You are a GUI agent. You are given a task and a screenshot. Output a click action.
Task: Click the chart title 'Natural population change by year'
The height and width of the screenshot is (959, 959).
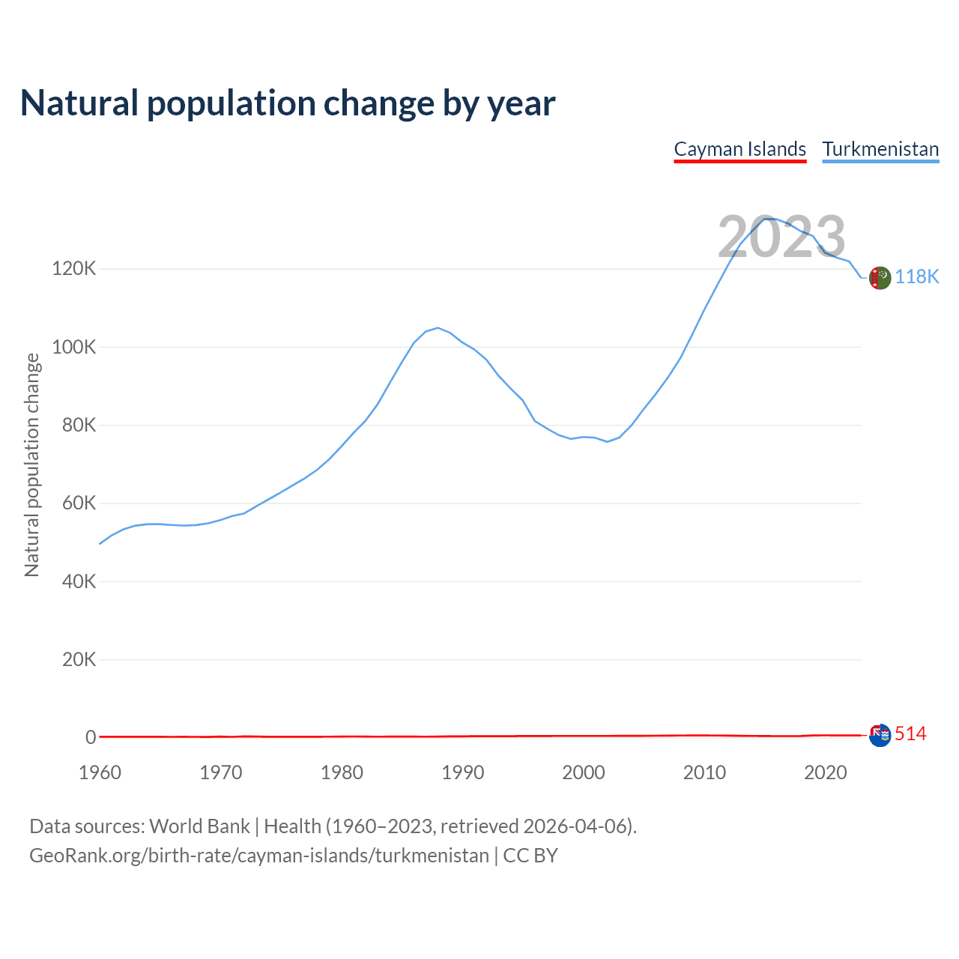point(288,103)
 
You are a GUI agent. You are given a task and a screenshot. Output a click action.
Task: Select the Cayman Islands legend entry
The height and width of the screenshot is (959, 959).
point(739,149)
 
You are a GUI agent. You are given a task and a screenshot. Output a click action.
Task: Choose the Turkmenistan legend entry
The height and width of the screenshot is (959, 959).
point(880,149)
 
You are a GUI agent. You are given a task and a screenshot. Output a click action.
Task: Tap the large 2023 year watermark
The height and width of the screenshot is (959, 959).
point(781,237)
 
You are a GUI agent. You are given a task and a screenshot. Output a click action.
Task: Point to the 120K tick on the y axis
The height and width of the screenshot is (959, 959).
point(74,268)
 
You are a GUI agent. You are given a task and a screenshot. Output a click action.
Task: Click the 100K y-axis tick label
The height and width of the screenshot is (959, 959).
point(74,347)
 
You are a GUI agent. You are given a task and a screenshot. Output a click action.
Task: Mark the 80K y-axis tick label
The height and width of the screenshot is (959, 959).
point(79,425)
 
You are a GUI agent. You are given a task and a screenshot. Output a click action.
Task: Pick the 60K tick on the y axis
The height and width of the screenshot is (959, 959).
point(79,503)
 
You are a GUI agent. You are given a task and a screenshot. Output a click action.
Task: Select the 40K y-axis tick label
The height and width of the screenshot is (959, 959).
point(79,581)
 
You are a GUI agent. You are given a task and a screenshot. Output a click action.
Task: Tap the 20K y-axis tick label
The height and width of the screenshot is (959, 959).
point(79,660)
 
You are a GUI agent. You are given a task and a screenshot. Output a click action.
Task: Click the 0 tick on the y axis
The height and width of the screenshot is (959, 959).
point(91,737)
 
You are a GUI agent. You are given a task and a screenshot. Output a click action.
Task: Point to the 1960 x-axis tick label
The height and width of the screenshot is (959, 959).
point(100,772)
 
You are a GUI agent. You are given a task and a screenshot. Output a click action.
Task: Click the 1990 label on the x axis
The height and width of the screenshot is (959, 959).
point(463,772)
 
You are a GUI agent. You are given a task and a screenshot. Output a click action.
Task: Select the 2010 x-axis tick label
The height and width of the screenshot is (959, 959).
point(704,772)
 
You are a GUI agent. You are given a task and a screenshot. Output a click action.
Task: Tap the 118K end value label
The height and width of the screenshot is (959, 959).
point(917,276)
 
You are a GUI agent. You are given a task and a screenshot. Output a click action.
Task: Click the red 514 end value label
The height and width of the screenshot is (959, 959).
point(910,734)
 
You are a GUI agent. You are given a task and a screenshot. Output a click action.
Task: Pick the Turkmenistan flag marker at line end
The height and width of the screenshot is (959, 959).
point(880,277)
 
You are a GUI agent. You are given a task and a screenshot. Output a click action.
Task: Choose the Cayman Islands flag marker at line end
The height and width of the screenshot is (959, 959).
point(880,736)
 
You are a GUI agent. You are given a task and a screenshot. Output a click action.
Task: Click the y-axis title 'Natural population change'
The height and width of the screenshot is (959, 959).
point(31,465)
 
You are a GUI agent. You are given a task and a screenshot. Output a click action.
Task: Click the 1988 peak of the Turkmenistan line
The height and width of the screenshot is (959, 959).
point(438,327)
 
